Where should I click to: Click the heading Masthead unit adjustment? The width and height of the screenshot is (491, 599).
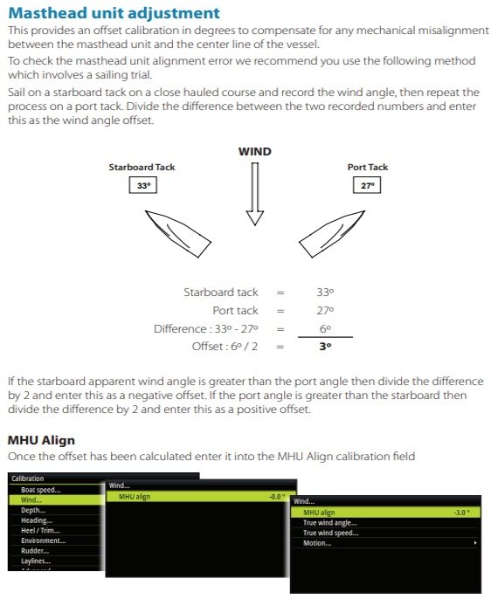click(114, 13)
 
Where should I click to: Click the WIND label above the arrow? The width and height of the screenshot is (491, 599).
click(255, 152)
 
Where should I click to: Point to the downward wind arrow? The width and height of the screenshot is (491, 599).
click(255, 194)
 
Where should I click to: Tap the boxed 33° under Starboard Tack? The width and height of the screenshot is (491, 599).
click(143, 186)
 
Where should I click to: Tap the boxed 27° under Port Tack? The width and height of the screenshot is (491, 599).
click(367, 186)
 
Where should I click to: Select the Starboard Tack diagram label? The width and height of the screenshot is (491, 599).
click(142, 168)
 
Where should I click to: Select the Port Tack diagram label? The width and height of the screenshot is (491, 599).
click(368, 168)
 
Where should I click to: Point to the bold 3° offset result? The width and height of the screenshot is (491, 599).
click(325, 347)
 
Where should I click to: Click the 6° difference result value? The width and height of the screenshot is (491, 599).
click(325, 329)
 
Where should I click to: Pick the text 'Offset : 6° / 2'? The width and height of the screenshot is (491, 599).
click(225, 347)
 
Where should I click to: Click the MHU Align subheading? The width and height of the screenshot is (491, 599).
click(41, 440)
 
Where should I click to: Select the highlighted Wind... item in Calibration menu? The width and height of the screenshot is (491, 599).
click(31, 500)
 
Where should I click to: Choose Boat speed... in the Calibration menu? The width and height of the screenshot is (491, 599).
click(40, 490)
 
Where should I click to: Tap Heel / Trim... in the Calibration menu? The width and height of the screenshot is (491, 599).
click(40, 531)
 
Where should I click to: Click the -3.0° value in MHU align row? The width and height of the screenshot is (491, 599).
click(462, 513)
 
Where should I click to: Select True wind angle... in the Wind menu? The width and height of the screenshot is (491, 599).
click(329, 523)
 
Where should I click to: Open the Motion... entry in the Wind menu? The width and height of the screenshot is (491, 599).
click(317, 543)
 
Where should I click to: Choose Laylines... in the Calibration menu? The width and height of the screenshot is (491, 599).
click(36, 561)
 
